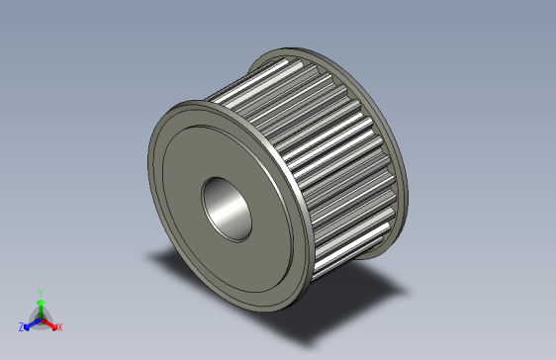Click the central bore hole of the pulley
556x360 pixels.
pos(229,208)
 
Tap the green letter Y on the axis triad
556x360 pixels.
pos(40,293)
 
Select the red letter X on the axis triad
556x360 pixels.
pos(59,326)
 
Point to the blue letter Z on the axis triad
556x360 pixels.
pos(21,326)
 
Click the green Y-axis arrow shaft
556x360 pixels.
pos(40,309)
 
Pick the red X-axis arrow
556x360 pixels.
pos(49,322)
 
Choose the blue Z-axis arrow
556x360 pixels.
pos(31,322)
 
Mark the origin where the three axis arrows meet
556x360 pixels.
pos(40,317)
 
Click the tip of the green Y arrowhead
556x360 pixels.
pos(40,299)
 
